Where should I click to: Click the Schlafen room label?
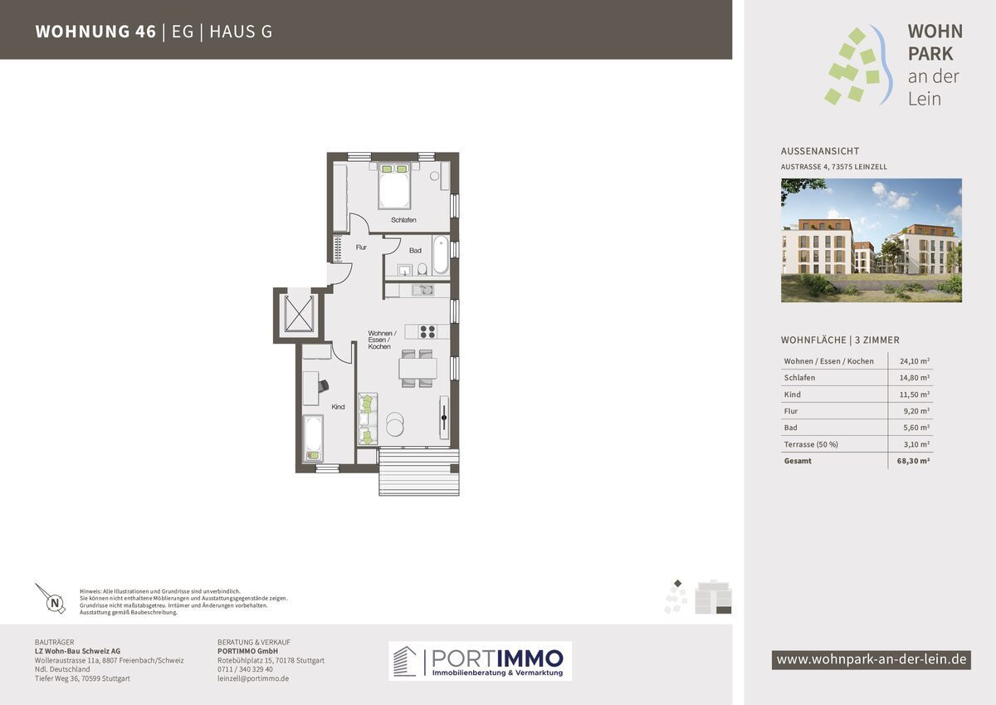403,220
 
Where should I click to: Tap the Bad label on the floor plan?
415,251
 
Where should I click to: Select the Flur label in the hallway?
361,247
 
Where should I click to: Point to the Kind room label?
338,407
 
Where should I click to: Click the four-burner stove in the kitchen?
427,332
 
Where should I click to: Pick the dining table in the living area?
418,369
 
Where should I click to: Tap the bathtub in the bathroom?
441,255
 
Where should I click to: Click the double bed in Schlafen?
394,186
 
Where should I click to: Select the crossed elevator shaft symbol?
300,314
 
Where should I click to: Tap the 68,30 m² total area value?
913,461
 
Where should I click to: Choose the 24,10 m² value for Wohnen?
915,361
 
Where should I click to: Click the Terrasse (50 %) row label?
811,444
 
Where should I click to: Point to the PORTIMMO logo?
481,661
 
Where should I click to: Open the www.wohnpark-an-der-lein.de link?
871,659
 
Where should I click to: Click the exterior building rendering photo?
871,240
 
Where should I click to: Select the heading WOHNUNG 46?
95,32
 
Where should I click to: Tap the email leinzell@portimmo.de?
253,678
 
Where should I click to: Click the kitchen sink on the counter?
422,291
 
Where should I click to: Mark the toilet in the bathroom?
422,269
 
